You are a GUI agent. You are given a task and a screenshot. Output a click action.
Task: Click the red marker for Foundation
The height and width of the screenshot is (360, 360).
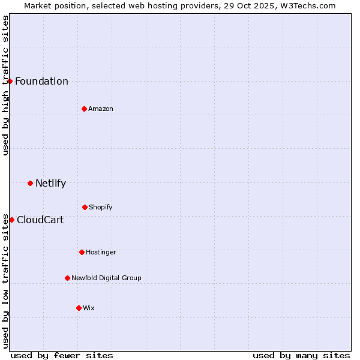10,81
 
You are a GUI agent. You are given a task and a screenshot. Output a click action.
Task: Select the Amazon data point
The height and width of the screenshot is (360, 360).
84,109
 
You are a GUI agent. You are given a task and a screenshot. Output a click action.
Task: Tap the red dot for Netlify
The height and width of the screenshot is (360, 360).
30,183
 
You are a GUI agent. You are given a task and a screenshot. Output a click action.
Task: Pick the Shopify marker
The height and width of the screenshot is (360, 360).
85,207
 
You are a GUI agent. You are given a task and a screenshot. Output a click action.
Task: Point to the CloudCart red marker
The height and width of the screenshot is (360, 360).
11,220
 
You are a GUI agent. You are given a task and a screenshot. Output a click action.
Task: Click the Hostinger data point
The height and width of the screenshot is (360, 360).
82,252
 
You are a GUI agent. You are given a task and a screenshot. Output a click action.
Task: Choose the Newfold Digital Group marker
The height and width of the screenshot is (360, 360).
67,278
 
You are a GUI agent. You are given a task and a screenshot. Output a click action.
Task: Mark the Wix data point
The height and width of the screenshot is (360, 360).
79,308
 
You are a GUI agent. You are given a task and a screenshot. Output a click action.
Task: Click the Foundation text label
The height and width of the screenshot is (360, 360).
41,82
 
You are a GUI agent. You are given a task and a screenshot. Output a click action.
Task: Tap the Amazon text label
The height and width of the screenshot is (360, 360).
101,109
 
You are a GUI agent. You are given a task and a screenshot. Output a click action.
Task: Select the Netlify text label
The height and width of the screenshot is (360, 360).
50,184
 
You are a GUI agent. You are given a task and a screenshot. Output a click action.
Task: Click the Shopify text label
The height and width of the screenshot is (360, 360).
101,208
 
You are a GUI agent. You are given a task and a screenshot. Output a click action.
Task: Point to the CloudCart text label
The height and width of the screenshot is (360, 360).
40,220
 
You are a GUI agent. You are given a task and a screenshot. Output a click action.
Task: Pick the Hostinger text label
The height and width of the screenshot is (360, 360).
101,253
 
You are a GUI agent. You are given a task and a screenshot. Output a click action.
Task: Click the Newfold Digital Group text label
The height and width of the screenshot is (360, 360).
106,278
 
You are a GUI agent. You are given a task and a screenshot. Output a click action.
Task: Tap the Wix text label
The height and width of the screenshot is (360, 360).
89,308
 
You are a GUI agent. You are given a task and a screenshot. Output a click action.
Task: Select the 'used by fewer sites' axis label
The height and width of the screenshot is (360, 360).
62,355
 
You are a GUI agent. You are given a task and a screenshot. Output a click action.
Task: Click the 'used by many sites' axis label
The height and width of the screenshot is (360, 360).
301,355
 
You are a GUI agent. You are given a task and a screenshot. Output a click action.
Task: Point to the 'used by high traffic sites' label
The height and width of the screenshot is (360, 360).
5,85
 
